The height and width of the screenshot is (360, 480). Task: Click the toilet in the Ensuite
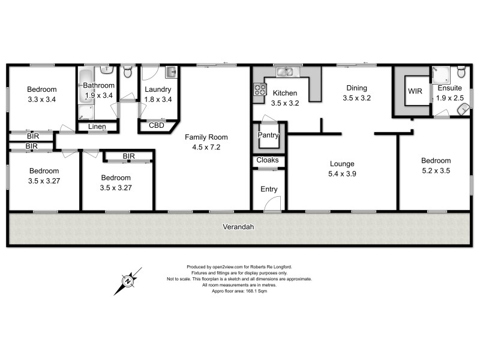pyautogui.click(x=461, y=73)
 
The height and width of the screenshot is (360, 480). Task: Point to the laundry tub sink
pyautogui.click(x=171, y=73)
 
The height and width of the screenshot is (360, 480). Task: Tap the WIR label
pyautogui.click(x=415, y=92)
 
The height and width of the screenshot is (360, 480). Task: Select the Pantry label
pyautogui.click(x=268, y=136)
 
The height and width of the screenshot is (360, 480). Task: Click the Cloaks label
pyautogui.click(x=268, y=160)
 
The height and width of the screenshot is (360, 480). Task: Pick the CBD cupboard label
pyautogui.click(x=157, y=125)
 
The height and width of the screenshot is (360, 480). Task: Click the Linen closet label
pyautogui.click(x=97, y=127)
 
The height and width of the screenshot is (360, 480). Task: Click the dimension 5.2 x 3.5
pyautogui.click(x=436, y=170)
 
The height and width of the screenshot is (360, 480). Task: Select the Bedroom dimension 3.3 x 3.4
pyautogui.click(x=42, y=100)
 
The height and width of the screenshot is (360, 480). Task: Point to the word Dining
pyautogui.click(x=357, y=88)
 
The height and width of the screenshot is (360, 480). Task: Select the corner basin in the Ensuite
pyautogui.click(x=463, y=109)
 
